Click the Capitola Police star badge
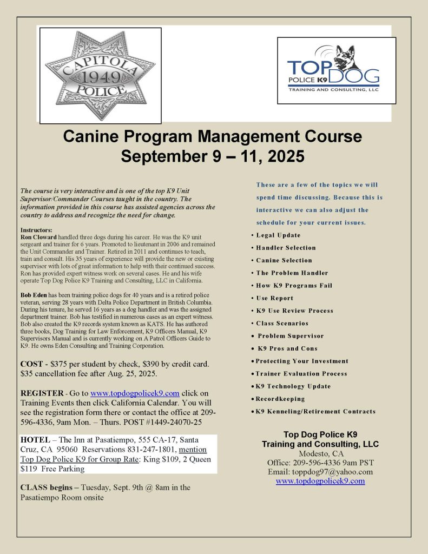pos(99,74)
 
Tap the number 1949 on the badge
pos(98,74)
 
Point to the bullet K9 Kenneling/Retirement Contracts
pos(315,412)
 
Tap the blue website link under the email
pos(320,481)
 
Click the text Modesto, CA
pos(320,453)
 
